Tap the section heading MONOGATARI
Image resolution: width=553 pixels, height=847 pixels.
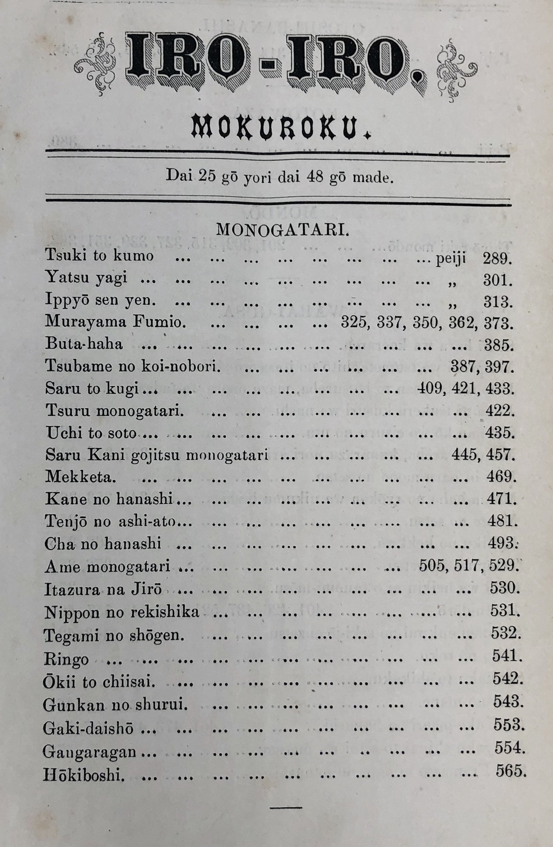282,229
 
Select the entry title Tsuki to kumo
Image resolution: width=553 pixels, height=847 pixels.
100,255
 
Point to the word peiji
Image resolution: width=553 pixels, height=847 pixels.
451,258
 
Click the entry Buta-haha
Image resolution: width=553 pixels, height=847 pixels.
84,344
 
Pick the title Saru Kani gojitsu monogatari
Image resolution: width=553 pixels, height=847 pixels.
156,455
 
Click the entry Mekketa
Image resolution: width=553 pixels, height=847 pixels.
81,477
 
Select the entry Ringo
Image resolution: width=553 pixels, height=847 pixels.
66,659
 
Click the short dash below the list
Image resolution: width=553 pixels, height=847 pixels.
286,808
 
